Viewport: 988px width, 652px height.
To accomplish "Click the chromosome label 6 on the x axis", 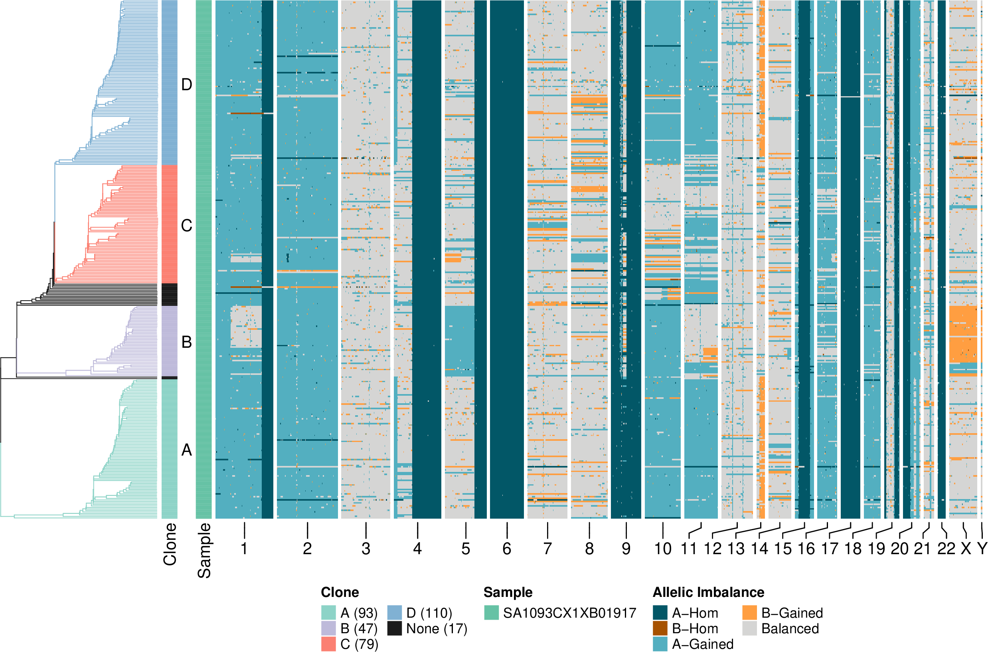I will tap(506, 549).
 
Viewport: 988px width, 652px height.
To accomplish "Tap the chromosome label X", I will tap(966, 549).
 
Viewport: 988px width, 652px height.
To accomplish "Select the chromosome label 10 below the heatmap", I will tap(663, 549).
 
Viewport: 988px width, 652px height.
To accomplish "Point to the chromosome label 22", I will tap(946, 549).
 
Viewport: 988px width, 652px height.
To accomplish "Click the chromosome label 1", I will tap(244, 549).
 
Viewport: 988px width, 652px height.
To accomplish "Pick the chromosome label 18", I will tap(853, 549).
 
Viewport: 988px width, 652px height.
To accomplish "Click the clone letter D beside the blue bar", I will tap(187, 85).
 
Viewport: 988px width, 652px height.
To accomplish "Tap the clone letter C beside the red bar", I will tap(187, 226).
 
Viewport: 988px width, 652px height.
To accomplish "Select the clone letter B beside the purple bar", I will tap(187, 342).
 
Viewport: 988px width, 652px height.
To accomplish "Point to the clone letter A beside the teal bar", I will tap(187, 450).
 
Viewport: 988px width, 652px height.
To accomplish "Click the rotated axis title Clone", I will tap(170, 544).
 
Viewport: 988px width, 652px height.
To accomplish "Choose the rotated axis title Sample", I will tap(204, 551).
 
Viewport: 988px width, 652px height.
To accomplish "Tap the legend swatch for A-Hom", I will tap(660, 613).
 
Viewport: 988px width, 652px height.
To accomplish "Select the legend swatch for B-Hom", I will tap(660, 628).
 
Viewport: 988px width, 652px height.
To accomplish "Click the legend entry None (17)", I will tap(436, 629).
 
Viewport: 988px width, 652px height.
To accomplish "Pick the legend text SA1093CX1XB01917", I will tap(569, 613).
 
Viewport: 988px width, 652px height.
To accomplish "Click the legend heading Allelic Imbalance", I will tap(708, 592).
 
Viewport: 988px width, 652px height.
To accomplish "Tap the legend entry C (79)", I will tap(359, 644).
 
